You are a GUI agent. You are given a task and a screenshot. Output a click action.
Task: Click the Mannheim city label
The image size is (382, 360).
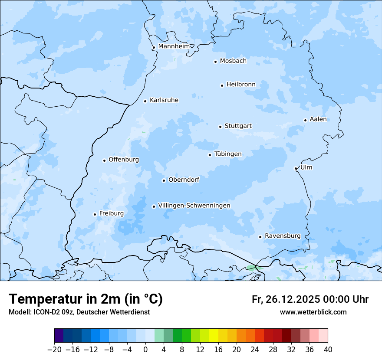tap(174, 46)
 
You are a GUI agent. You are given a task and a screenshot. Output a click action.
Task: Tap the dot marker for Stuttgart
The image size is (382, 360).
tap(220, 127)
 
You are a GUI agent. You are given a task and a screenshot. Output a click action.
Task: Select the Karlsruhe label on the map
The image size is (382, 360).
tap(164, 100)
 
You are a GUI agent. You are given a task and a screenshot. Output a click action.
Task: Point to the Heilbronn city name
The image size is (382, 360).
tap(240, 85)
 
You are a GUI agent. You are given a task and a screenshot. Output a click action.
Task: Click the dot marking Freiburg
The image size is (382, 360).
tap(95, 214)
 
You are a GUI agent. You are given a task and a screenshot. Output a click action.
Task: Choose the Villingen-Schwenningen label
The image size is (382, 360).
tap(194, 206)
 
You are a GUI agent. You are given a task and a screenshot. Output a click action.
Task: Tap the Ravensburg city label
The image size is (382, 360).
tap(282, 236)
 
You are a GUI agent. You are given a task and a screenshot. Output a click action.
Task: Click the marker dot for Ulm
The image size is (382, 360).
tap(296, 168)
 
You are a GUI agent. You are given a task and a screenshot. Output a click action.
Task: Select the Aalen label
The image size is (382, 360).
tap(318, 119)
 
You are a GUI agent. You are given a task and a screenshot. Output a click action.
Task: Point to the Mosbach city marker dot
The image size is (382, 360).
tap(215, 62)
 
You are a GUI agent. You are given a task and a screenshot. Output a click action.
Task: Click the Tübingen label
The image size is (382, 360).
tap(228, 154)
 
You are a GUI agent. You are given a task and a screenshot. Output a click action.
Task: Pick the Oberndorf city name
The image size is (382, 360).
tap(184, 180)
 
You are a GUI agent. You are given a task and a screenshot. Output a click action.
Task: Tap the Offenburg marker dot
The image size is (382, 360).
tap(104, 160)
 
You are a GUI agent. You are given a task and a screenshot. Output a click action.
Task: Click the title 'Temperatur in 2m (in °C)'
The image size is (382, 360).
tap(86, 299)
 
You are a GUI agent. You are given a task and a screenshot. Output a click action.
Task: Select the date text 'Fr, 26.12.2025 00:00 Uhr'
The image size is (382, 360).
tap(310, 299)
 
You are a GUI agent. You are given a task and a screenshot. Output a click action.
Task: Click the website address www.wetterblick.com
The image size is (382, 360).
tap(313, 312)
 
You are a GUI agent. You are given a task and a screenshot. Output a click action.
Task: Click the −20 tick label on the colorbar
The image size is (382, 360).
tap(54, 350)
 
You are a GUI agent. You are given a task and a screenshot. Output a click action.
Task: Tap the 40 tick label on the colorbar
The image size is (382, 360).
tap(328, 350)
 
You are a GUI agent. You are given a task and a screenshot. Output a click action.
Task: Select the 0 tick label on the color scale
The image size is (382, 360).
tap(145, 350)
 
